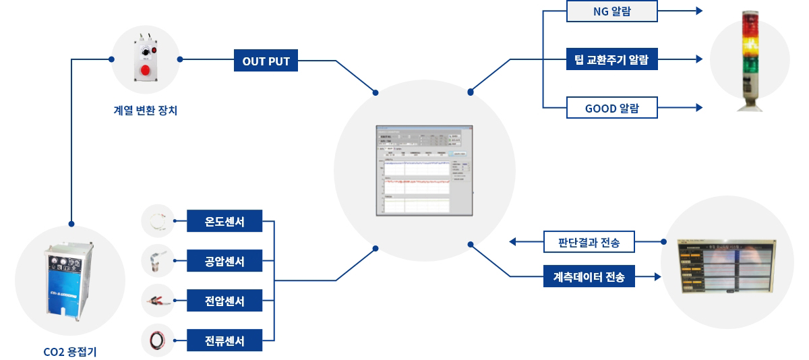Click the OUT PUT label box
266,61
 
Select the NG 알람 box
612,11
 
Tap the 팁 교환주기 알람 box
612,60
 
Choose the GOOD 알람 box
612,108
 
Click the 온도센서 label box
224,221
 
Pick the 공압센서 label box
224,261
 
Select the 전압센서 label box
224,301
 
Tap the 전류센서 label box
224,340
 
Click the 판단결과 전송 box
589,241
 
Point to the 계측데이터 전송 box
589,276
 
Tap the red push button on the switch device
145,70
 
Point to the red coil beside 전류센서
158,340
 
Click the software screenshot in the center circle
424,171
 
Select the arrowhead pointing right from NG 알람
698,11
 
